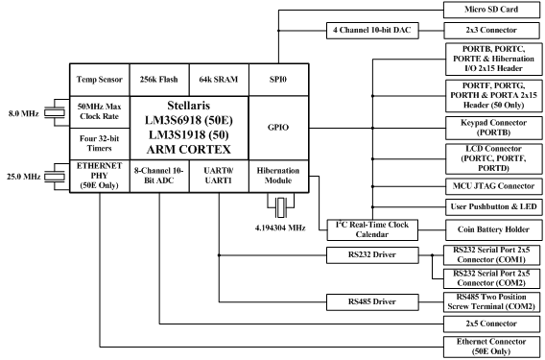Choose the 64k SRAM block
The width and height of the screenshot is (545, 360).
click(217, 79)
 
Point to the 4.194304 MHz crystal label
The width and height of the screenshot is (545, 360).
click(278, 229)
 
